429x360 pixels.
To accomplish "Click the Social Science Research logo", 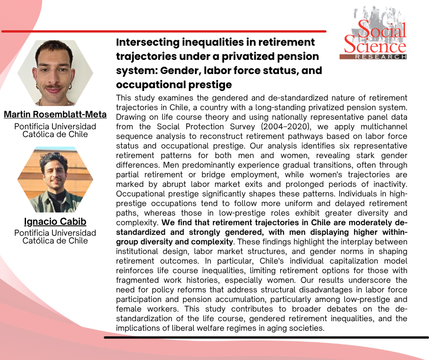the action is [373, 32].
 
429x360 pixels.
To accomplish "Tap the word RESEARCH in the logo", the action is [381, 57].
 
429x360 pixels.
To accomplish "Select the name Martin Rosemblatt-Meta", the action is [55, 114].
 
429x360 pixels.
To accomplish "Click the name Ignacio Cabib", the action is [55, 221].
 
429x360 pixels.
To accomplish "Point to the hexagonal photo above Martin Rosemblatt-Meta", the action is [55, 73].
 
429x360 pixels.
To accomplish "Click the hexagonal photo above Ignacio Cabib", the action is [55, 180].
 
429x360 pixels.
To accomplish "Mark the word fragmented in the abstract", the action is [137, 280].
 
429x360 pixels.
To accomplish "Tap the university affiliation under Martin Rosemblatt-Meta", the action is [55, 130].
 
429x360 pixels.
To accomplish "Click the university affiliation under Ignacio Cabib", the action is [55, 237].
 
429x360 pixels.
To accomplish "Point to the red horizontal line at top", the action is [164, 31].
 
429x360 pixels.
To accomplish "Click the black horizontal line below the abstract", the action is [266, 337].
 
